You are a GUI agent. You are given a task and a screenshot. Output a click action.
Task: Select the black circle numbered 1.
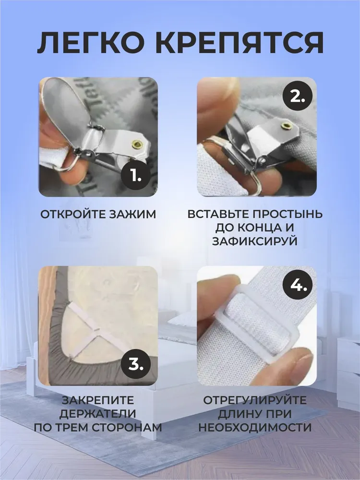pyautogui.click(x=136, y=175)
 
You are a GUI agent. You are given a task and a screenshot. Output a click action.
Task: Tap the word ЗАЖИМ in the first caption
pyautogui.click(x=133, y=214)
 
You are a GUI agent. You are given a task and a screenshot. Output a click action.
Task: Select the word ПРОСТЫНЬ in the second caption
pyautogui.click(x=288, y=214)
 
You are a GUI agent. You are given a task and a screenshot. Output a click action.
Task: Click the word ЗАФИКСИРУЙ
pyautogui.click(x=255, y=241)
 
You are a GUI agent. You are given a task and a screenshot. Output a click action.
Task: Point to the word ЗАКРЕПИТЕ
pyautogui.click(x=98, y=400)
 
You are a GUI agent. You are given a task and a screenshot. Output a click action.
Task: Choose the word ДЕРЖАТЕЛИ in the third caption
pyautogui.click(x=97, y=413)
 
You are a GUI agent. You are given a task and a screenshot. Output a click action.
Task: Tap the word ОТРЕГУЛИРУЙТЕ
pyautogui.click(x=255, y=400)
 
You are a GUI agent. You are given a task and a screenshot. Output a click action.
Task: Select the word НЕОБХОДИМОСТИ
pyautogui.click(x=255, y=427)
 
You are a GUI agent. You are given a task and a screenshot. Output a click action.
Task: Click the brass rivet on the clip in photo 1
pyautogui.click(x=137, y=144)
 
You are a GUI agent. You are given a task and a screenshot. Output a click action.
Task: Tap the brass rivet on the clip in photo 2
pyautogui.click(x=287, y=125)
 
